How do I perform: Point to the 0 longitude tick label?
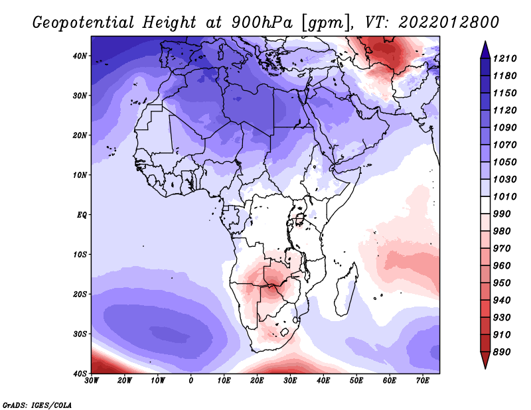tap(191, 381)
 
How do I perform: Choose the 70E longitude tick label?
tap(423, 381)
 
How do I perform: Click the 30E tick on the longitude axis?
tap(290, 381)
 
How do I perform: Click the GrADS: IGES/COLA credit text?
tap(37, 404)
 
